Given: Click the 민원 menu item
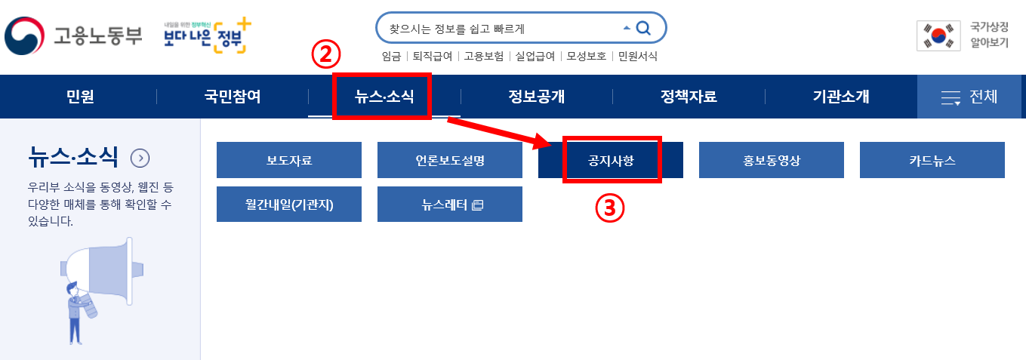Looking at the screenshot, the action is point(80,97).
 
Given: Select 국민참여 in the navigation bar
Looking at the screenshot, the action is point(233,97).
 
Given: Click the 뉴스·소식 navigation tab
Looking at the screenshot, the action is point(384,97).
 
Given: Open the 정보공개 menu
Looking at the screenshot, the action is point(537,97).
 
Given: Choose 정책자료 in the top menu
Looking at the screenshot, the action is point(689,97).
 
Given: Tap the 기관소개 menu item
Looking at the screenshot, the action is point(841,97).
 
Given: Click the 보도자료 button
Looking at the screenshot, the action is point(289,160).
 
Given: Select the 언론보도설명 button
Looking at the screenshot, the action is point(450,160).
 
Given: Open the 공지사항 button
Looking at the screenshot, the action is point(611,160).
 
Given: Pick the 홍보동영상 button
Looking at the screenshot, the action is point(772,160).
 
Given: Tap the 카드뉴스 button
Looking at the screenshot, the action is point(932,160).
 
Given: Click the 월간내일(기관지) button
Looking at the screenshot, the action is point(289,204).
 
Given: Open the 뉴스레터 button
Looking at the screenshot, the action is point(450,204).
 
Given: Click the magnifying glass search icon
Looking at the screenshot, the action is point(643,29).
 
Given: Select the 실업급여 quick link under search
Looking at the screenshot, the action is point(535,56).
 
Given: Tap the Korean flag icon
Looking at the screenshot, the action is point(938,35).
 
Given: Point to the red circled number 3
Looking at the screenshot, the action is point(611,208).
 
